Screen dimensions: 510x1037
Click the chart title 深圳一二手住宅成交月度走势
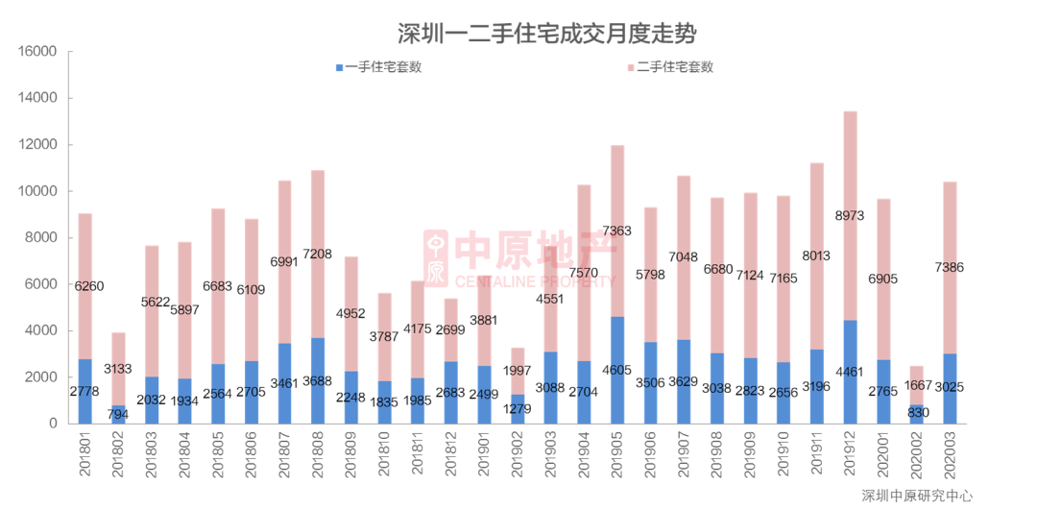tap(546, 34)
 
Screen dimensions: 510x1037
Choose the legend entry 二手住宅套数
tap(673, 67)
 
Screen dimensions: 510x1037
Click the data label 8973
tap(850, 215)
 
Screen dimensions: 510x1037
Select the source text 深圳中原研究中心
tap(916, 496)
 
